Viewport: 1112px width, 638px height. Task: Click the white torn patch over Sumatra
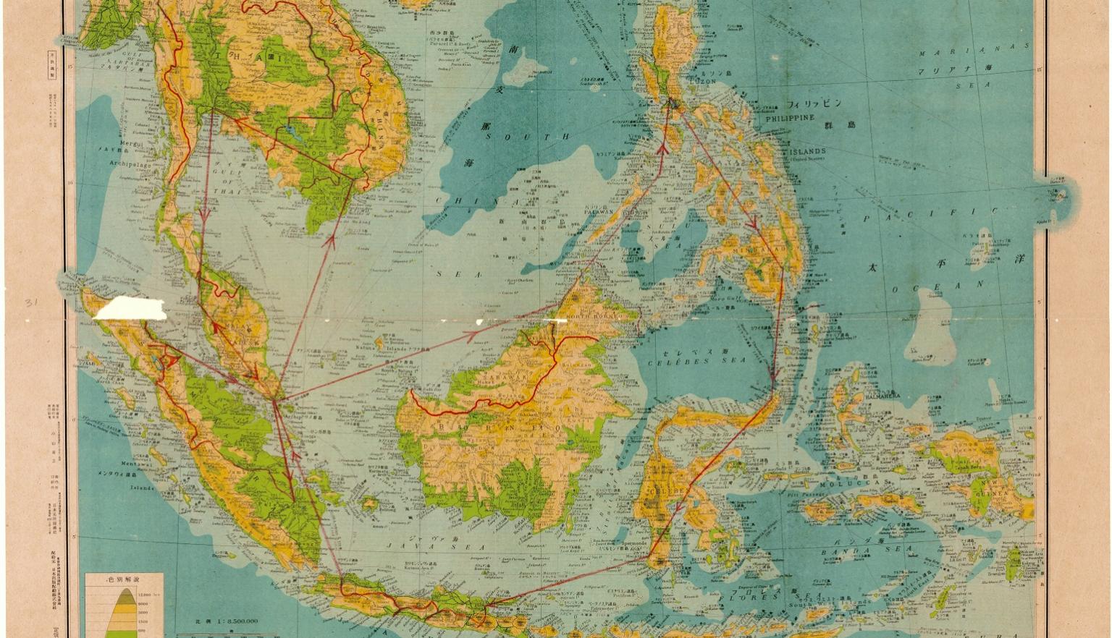click(130, 309)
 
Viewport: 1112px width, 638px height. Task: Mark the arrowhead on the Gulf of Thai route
click(204, 215)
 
